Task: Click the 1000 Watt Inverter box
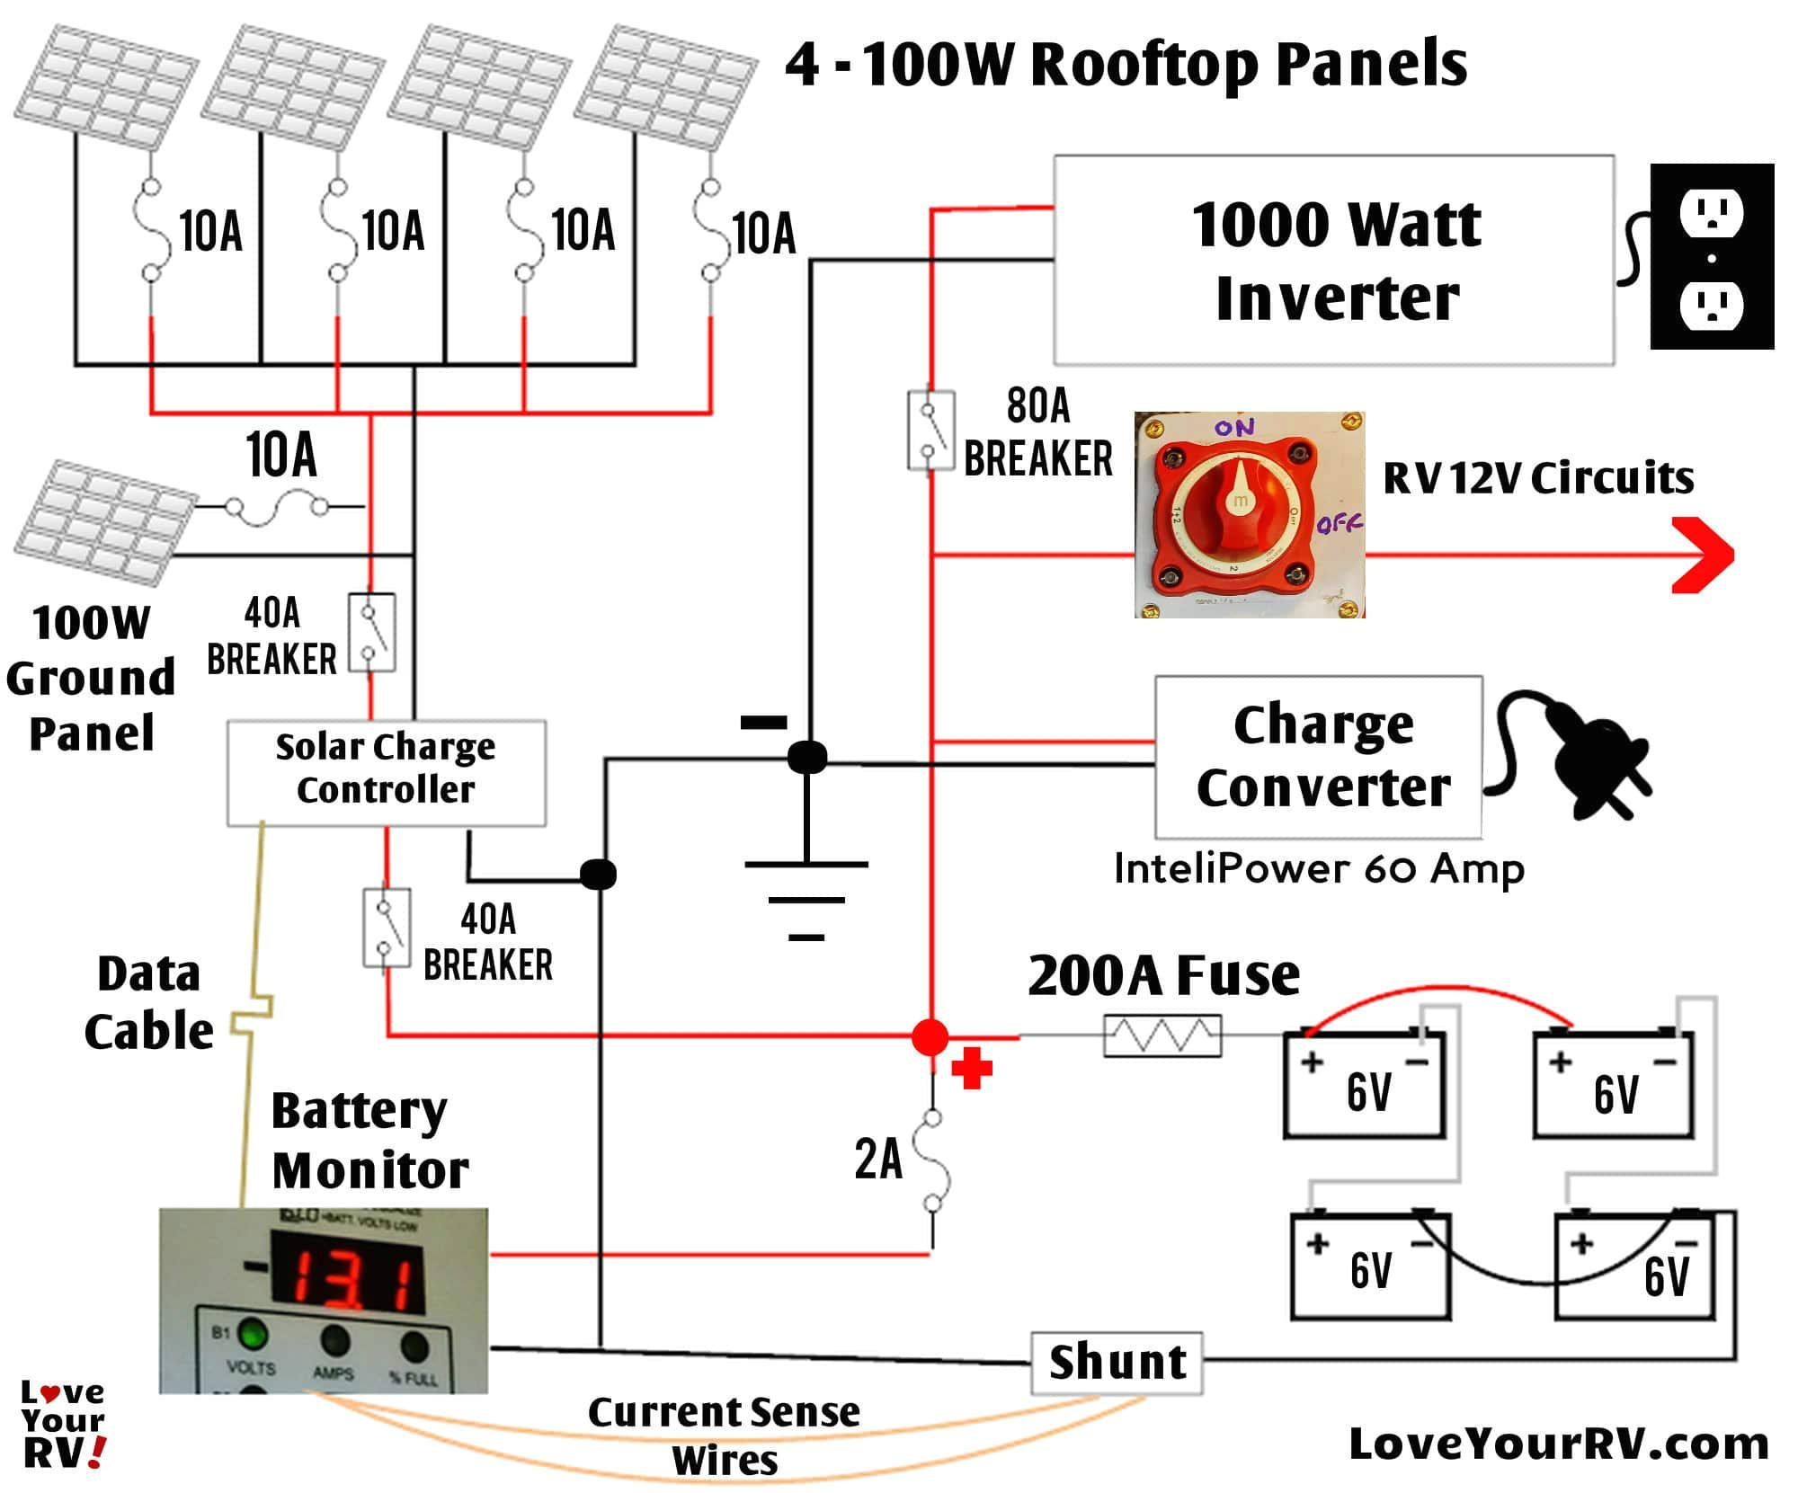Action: (x=1333, y=261)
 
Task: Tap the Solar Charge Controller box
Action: (x=386, y=772)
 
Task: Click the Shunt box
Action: (x=1116, y=1363)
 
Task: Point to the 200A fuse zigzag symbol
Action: (x=1162, y=1035)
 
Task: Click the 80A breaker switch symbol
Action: (x=930, y=430)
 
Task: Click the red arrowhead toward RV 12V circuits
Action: (x=1704, y=555)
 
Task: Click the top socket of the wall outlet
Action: (x=1711, y=212)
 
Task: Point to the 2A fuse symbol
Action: (x=932, y=1160)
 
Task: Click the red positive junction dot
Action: (x=930, y=1036)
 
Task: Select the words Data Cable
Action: (x=148, y=1001)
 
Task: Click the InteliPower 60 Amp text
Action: (x=1318, y=868)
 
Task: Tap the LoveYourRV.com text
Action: (x=1558, y=1444)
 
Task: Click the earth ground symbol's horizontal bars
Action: (x=806, y=900)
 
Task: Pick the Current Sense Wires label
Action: (x=724, y=1435)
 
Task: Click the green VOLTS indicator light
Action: (x=252, y=1333)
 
